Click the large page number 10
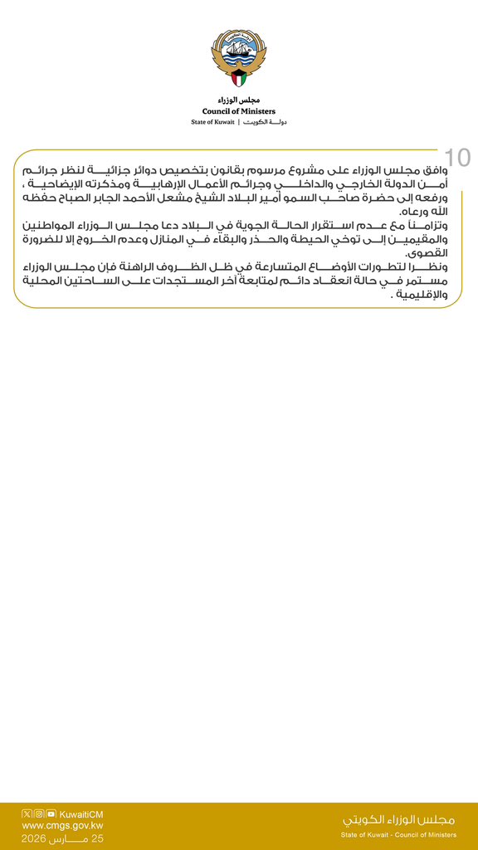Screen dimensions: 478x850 [457, 158]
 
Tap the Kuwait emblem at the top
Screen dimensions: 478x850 [239, 59]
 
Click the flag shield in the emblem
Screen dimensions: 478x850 [239, 80]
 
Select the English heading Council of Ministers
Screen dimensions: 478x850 [239, 110]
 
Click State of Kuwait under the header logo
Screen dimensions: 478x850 [212, 122]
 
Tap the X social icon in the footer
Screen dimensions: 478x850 [27, 813]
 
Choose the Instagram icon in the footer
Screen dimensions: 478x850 [39, 813]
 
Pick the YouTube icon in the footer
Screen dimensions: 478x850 [51, 813]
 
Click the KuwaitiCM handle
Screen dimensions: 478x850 [81, 814]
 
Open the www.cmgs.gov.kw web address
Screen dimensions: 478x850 [62, 826]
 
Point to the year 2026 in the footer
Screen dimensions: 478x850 [38, 838]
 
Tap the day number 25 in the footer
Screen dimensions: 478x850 [97, 838]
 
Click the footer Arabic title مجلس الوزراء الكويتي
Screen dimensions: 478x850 [399, 819]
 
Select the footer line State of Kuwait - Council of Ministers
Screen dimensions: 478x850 [399, 835]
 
